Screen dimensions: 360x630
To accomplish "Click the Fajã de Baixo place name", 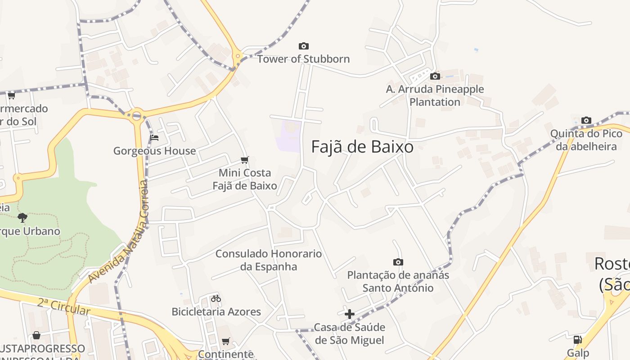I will [x=362, y=147].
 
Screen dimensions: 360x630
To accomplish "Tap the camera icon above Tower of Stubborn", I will [x=304, y=46].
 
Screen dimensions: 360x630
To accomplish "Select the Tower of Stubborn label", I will [x=303, y=59].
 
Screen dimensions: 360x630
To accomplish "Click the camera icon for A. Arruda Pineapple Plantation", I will [x=435, y=76].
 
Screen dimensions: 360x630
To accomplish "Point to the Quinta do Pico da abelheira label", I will [x=586, y=140].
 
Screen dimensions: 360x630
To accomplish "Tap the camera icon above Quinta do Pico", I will [x=586, y=120].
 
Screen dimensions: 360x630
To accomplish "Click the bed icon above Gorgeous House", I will [x=154, y=138].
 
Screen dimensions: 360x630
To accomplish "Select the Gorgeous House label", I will [x=154, y=151].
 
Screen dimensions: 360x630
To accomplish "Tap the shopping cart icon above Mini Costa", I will [x=245, y=160].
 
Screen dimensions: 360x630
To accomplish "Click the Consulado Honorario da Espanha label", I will [x=269, y=260].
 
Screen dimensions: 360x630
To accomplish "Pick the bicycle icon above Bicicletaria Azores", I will [x=216, y=298].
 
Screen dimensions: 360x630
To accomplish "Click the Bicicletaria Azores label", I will [x=216, y=311].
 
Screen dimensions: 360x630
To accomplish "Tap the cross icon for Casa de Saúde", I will [x=349, y=314].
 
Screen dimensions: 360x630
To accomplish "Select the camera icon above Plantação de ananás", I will [x=398, y=262].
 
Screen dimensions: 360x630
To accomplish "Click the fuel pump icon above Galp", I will [x=577, y=340].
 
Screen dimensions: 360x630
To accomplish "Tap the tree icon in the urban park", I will [x=22, y=218].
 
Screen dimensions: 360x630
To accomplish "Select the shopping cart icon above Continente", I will [x=225, y=341].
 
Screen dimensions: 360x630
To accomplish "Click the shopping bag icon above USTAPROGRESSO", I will [x=36, y=335].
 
